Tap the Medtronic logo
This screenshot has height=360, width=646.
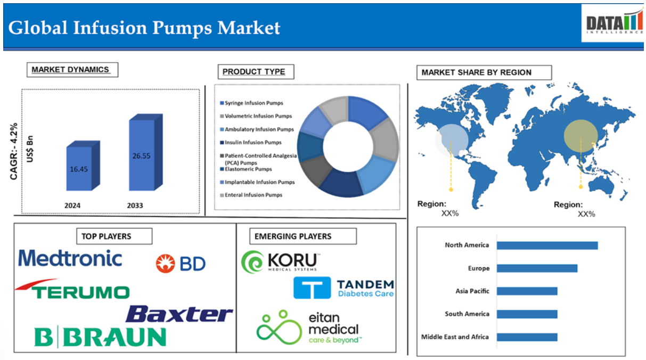(70, 258)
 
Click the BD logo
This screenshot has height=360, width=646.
(181, 263)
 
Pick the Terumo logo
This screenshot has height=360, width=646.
(72, 289)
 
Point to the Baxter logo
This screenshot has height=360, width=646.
(179, 314)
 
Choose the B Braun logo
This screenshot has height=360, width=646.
(100, 337)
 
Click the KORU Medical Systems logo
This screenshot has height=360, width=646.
(281, 261)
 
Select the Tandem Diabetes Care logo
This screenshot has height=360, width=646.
(344, 288)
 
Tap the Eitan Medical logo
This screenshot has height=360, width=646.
(309, 328)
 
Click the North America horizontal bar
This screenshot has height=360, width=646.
(547, 246)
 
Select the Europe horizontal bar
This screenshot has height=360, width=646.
(537, 268)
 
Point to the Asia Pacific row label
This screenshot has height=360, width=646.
(472, 291)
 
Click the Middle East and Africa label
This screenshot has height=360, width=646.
(455, 337)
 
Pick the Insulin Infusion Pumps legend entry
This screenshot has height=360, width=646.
(251, 143)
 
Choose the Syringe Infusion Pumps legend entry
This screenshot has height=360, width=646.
(251, 103)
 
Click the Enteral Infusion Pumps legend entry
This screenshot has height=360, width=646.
(251, 195)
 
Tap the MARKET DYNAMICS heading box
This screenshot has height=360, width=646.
(72, 70)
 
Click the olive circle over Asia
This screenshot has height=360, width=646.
(580, 136)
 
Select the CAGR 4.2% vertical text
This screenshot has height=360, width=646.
(14, 151)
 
